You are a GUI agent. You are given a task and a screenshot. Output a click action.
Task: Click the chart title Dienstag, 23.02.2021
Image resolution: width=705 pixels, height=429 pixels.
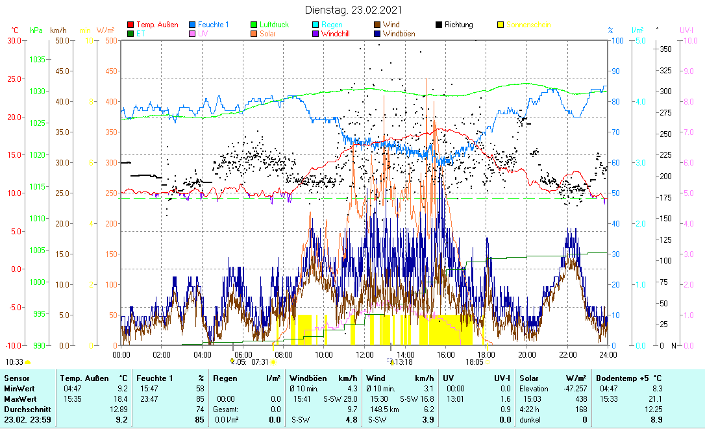[x=353, y=10]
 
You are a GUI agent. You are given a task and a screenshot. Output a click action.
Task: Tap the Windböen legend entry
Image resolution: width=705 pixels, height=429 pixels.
[x=400, y=34]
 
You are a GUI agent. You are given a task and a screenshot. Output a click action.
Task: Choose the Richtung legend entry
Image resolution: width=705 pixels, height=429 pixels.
[x=458, y=25]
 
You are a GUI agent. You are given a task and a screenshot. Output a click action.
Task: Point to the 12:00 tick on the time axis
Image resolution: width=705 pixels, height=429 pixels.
[x=365, y=354]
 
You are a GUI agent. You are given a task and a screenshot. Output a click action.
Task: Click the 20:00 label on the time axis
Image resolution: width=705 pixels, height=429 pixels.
[x=527, y=354]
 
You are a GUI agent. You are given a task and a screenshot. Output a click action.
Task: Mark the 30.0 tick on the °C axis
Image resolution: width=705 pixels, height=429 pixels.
[x=14, y=40]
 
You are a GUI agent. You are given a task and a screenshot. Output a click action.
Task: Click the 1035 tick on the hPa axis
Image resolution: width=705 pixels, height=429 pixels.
[x=37, y=59]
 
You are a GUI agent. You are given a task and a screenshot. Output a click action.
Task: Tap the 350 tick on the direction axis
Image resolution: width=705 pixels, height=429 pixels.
[x=665, y=49]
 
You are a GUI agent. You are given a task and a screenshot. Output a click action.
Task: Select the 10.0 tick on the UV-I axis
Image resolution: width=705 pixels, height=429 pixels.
[x=691, y=40]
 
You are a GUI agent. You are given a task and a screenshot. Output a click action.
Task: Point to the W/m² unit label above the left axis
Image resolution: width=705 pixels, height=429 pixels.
[x=106, y=30]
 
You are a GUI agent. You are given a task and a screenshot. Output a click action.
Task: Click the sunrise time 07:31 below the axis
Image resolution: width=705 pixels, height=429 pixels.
[x=260, y=362]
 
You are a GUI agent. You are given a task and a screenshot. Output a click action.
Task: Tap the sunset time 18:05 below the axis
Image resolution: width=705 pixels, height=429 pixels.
[x=474, y=362]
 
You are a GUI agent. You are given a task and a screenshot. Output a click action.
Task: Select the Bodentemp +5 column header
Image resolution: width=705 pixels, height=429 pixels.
[x=629, y=378]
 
